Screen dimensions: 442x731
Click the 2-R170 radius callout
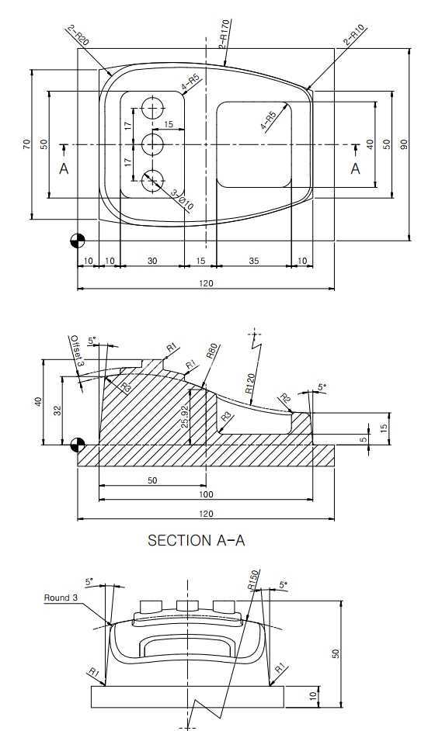[x=225, y=34]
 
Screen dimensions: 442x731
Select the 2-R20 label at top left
[x=78, y=36]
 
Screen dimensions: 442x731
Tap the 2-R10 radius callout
[x=354, y=36]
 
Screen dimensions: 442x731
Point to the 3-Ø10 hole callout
[x=183, y=200]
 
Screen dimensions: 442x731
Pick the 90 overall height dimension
[x=404, y=144]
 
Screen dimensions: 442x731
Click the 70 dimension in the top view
[x=26, y=144]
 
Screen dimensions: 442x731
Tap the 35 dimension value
[x=253, y=261]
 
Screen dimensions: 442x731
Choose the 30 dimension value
[x=152, y=261]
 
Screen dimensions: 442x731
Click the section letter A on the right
[x=356, y=168]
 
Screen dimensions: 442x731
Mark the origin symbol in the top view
[x=78, y=241]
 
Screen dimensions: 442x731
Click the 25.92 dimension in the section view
[x=186, y=416]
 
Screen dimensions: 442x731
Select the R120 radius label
[x=252, y=383]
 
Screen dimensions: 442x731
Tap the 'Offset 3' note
[x=77, y=351]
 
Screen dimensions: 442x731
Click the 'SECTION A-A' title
[x=196, y=540]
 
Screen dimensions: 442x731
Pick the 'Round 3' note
[x=57, y=598]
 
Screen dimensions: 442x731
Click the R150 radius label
[x=252, y=580]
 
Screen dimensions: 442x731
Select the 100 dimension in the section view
[x=206, y=494]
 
